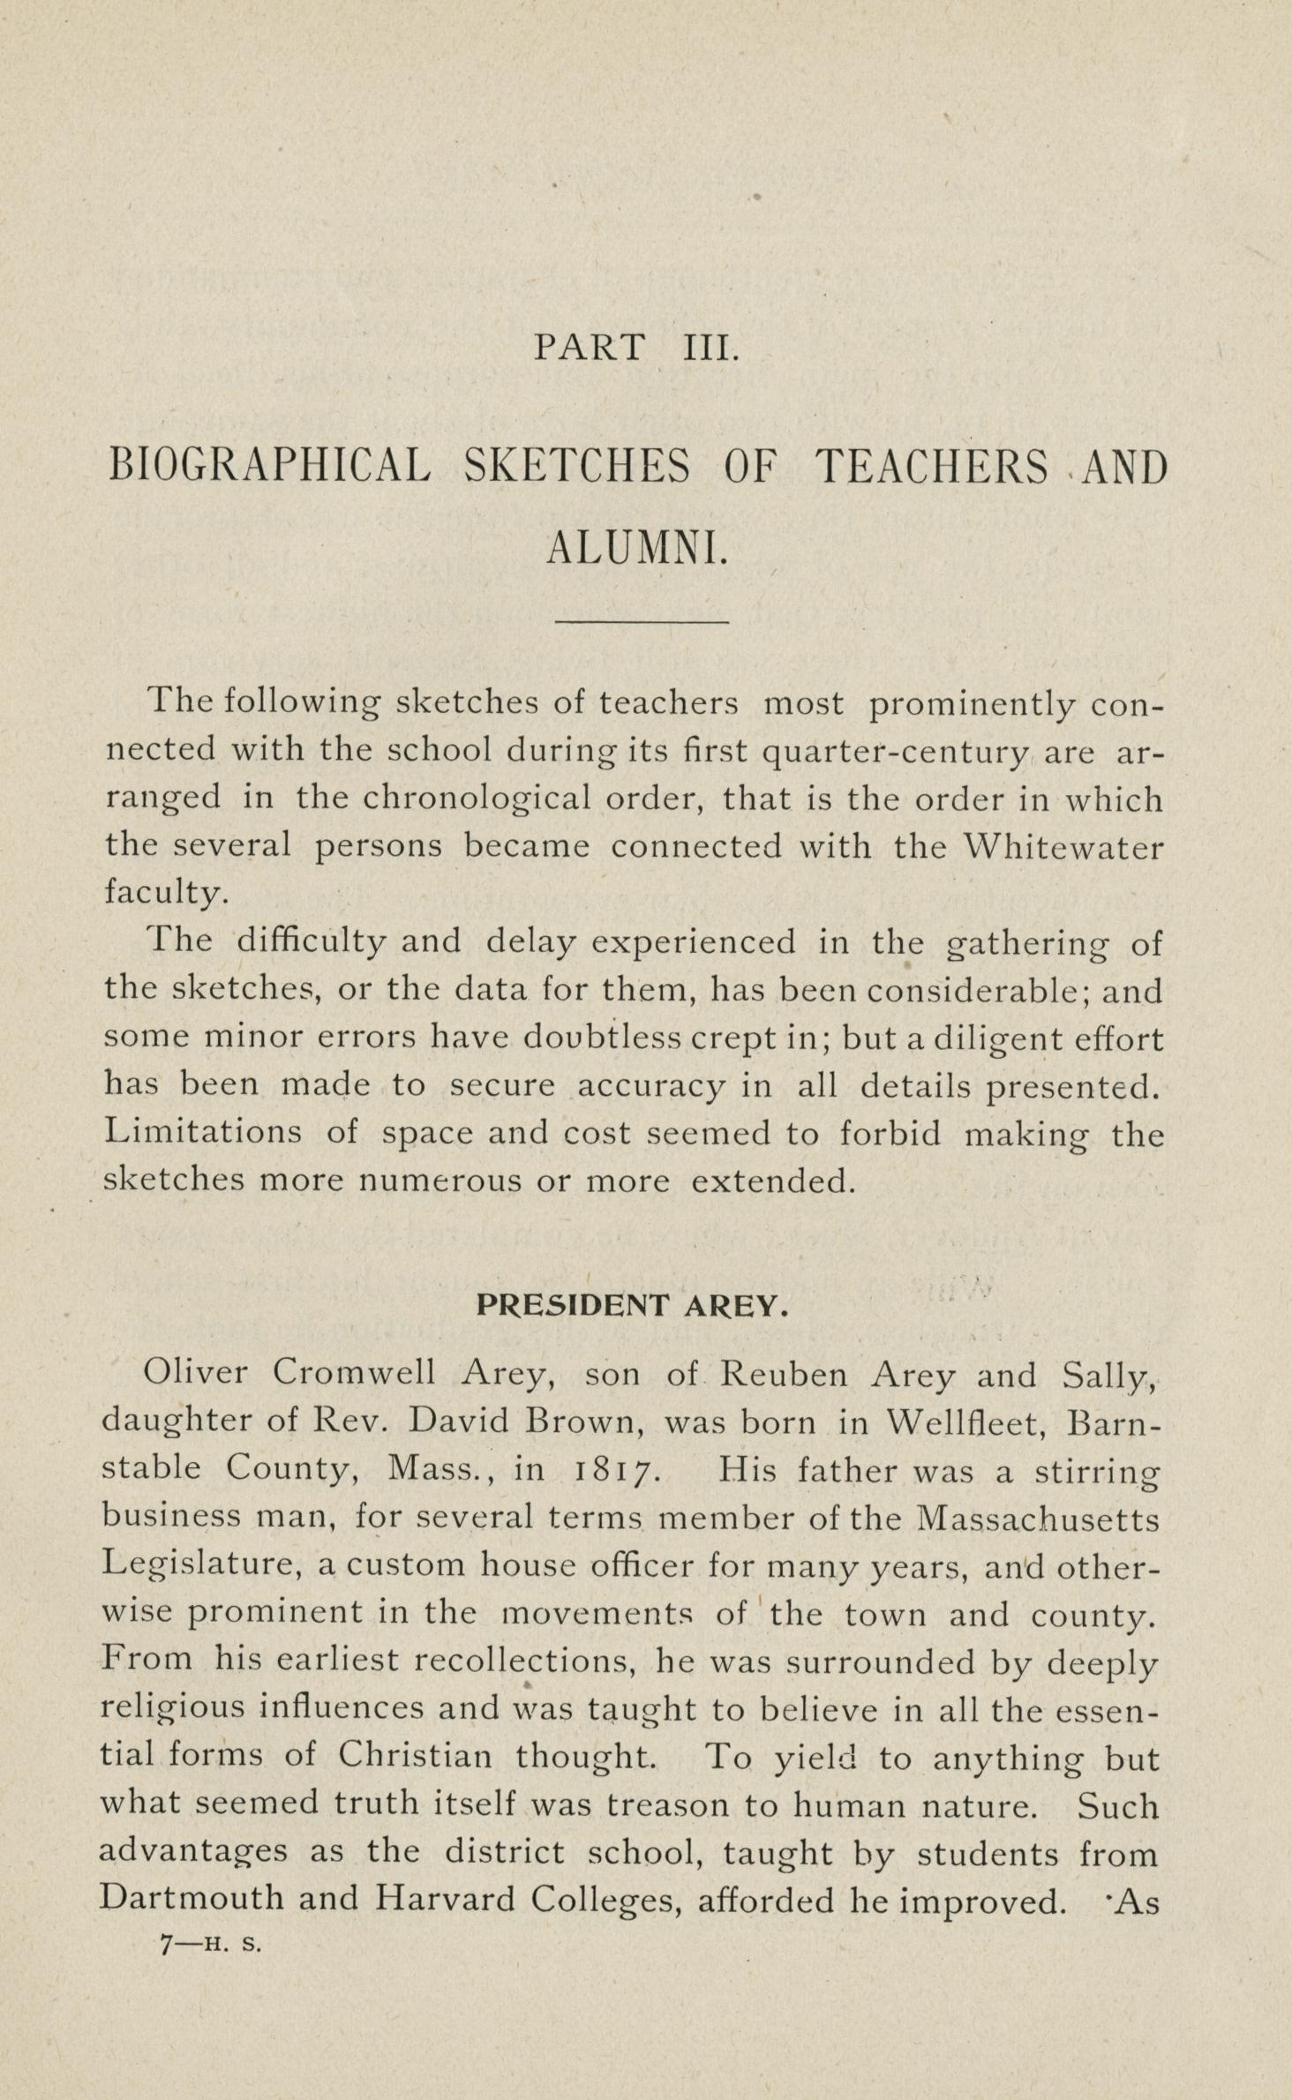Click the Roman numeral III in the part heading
pyautogui.click(x=710, y=347)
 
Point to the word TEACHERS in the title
pyautogui.click(x=932, y=466)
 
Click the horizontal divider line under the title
pyautogui.click(x=642, y=622)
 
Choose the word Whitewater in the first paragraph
pyautogui.click(x=1063, y=846)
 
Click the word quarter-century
pyautogui.click(x=894, y=753)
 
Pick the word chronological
pyautogui.click(x=477, y=799)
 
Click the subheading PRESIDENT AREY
pyautogui.click(x=631, y=1305)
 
